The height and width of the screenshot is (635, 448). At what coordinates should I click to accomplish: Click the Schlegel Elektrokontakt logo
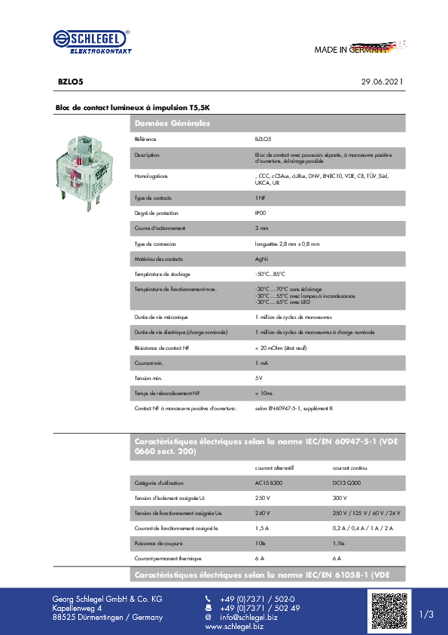coord(93,42)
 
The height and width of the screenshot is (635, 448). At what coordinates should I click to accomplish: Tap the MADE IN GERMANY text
coord(351,50)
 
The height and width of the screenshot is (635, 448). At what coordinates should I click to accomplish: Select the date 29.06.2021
coord(382,81)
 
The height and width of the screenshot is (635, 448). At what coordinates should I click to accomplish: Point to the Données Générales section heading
coord(172,123)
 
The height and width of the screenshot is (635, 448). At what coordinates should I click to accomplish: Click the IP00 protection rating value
coord(261,213)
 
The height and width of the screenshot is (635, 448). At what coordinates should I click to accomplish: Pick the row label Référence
coord(145,140)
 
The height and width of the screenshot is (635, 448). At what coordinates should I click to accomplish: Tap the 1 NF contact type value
coord(261,198)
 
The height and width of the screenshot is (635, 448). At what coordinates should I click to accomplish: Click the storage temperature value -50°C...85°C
coord(270,274)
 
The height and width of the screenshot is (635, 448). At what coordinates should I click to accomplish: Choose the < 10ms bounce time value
coord(264,393)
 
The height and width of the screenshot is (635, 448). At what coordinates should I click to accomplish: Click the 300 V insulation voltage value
coord(340,498)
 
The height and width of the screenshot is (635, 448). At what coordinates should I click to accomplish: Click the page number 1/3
coord(426,615)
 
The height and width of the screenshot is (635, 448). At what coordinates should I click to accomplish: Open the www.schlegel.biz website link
coord(234,627)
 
